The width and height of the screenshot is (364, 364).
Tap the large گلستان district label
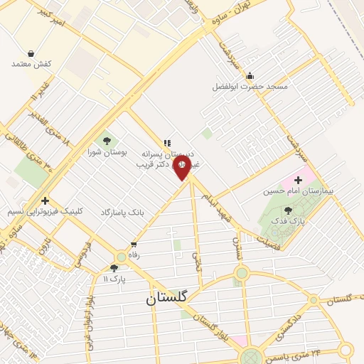166,298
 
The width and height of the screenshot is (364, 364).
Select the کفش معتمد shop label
31,64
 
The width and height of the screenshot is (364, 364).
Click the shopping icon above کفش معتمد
31,53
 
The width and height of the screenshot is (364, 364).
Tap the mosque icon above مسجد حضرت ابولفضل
250,76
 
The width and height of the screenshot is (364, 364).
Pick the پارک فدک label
287,220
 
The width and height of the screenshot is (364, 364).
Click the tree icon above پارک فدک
287,210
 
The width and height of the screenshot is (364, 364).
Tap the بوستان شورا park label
107,152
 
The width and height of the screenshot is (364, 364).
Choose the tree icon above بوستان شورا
107,141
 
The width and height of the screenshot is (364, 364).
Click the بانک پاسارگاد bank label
122,212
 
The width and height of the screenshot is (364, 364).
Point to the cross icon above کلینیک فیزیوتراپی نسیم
45,200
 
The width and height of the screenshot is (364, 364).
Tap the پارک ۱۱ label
114,279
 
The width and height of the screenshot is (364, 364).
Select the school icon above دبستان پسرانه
167,143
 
